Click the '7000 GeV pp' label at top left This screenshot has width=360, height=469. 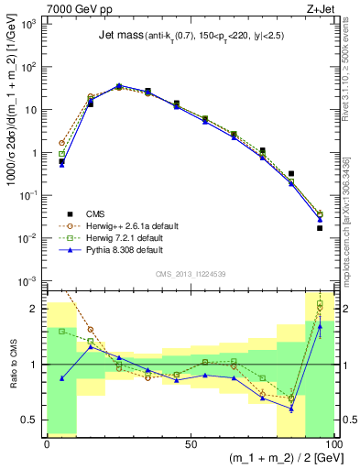74,7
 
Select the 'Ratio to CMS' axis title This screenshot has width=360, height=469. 12,364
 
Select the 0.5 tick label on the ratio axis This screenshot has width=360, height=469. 31,420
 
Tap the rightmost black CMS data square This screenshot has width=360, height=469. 320,228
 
